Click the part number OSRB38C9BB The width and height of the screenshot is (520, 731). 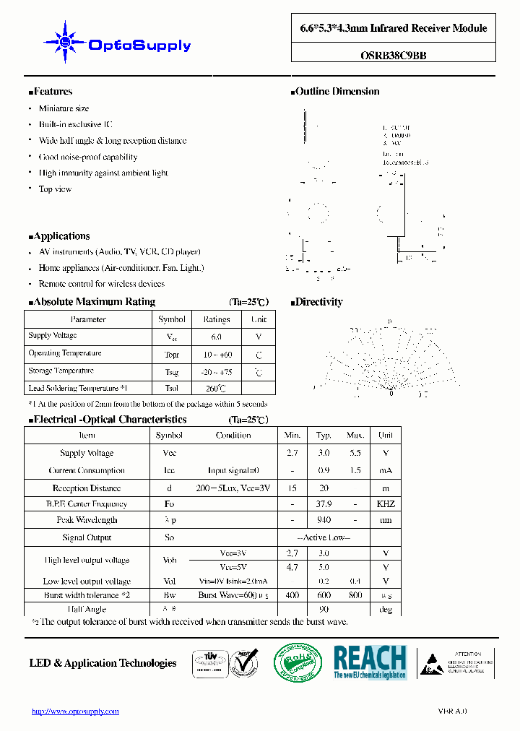(393, 53)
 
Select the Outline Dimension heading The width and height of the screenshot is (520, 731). (337, 91)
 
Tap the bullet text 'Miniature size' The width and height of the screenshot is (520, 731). (64, 108)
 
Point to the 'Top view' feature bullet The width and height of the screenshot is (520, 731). (55, 189)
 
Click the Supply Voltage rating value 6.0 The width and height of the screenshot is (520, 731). (216, 337)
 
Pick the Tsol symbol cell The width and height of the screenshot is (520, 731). (171, 388)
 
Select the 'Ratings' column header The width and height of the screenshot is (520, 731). (216, 319)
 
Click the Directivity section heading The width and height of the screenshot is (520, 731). (318, 302)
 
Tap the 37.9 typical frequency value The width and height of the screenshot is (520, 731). (324, 504)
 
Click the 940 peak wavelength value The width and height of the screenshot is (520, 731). (324, 520)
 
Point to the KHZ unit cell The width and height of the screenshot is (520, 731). (386, 504)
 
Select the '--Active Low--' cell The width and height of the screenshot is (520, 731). (324, 537)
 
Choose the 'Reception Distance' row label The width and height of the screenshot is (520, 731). (87, 488)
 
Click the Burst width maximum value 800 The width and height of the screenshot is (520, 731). (355, 595)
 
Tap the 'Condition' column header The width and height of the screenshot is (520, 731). (233, 436)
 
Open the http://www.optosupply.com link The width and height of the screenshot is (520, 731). (75, 711)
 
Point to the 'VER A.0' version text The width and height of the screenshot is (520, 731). (452, 711)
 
